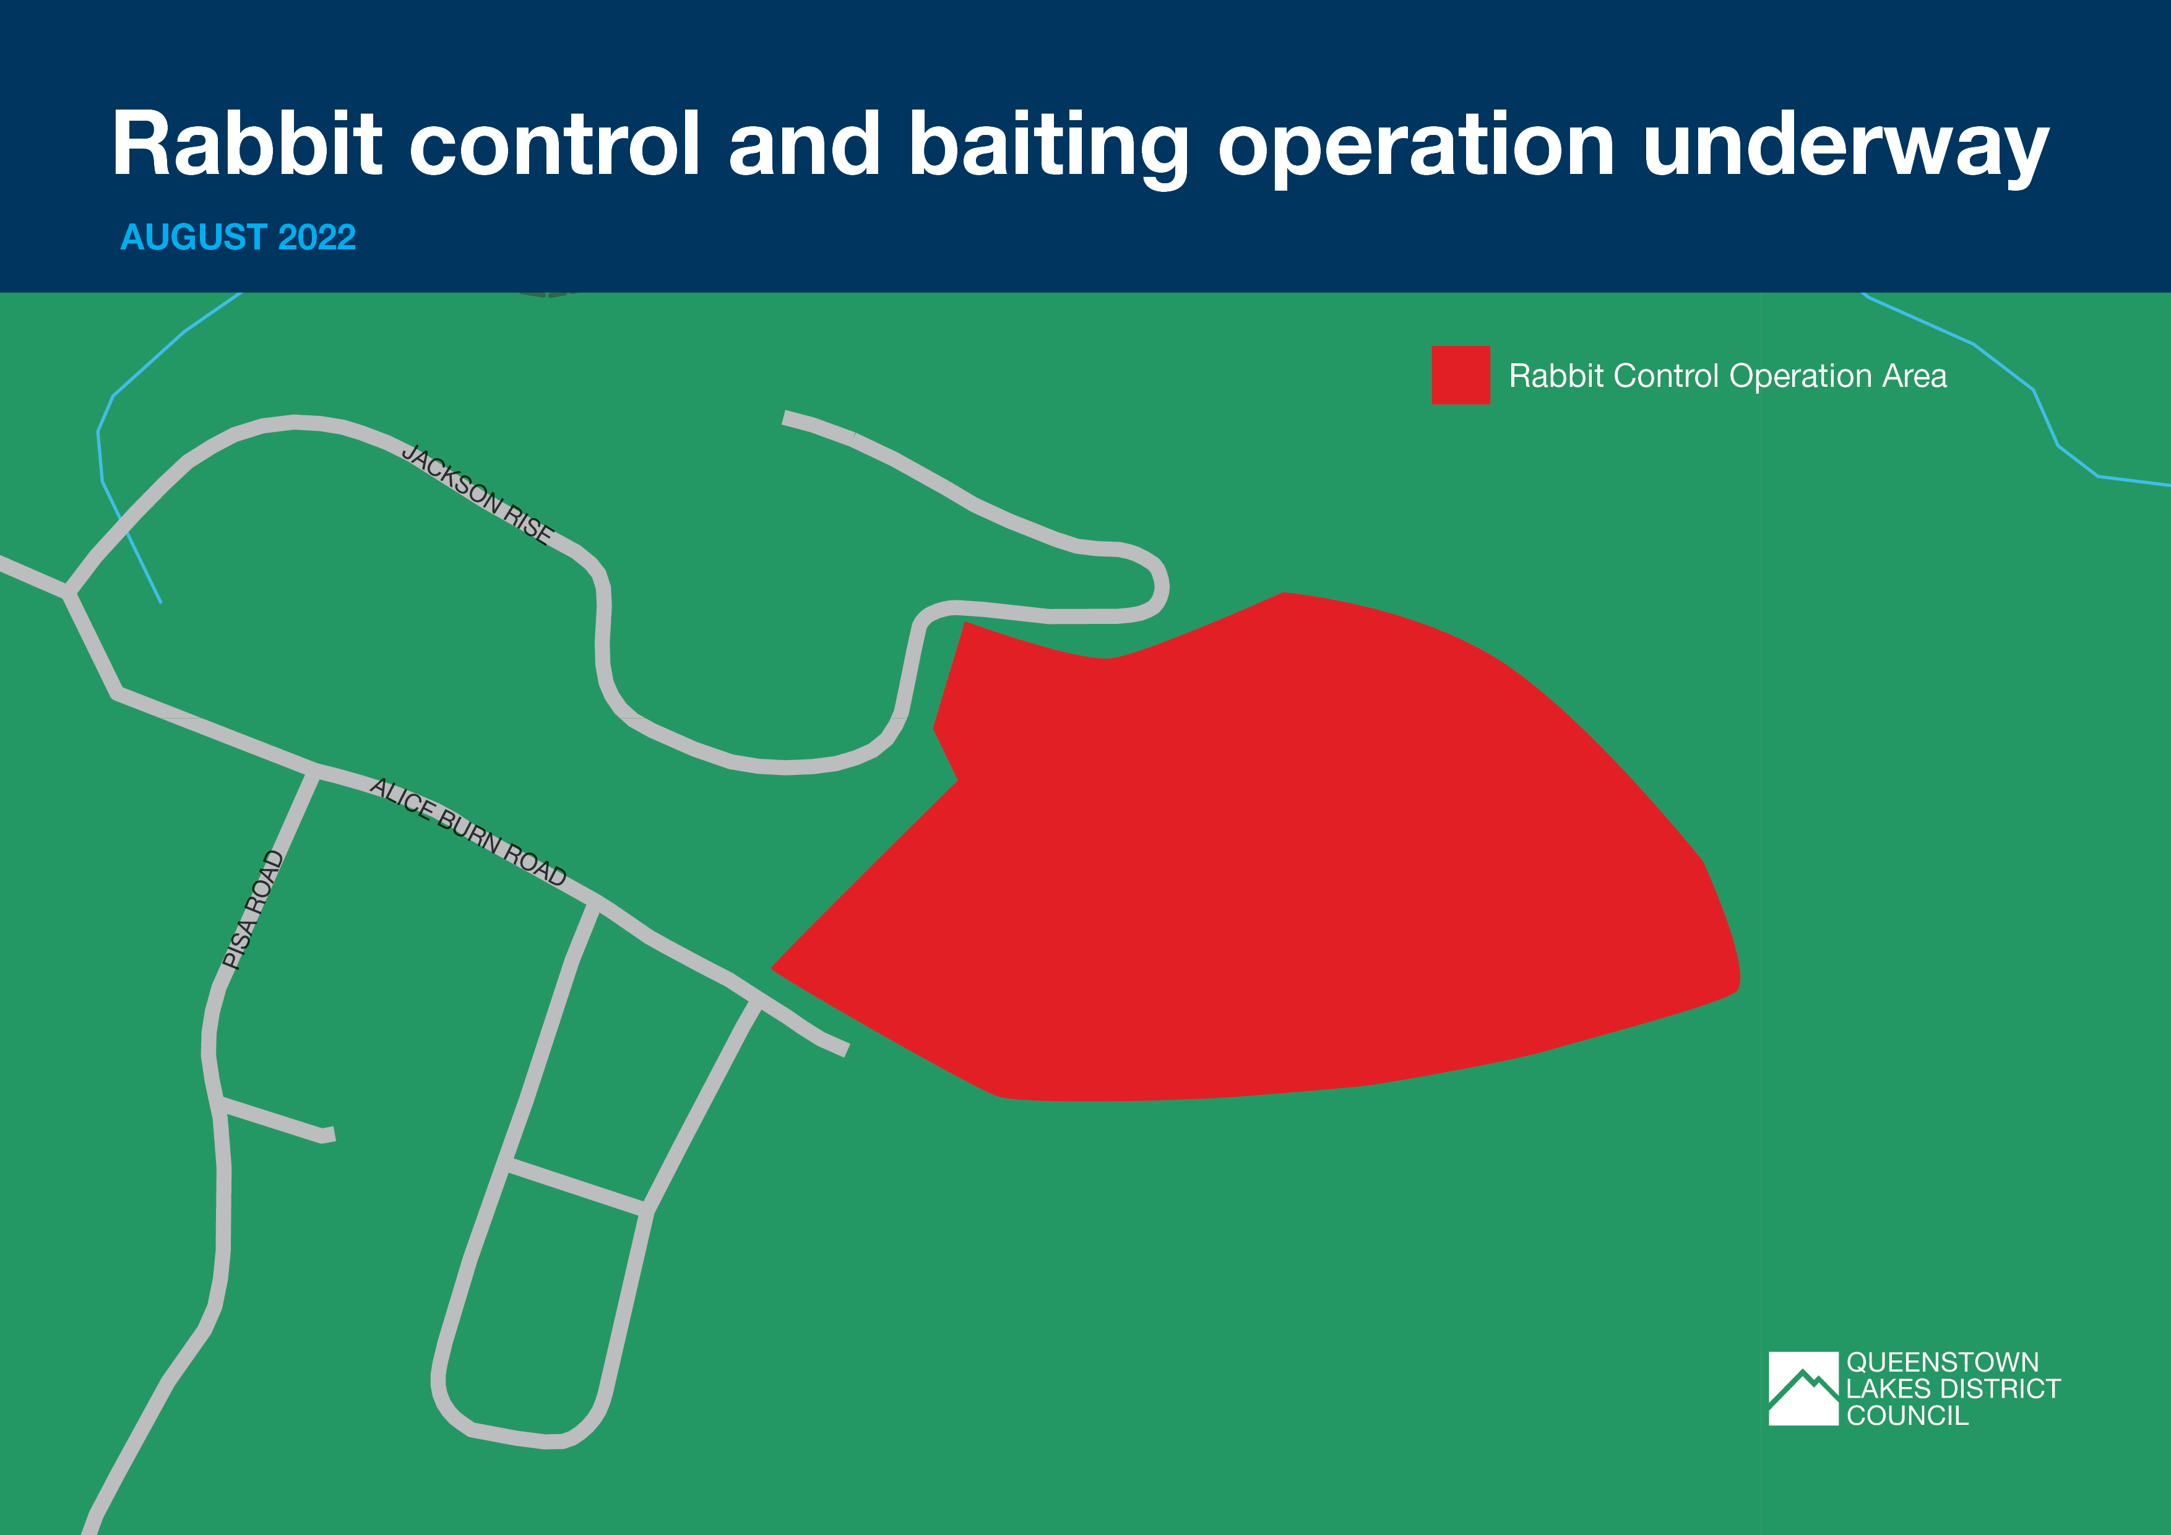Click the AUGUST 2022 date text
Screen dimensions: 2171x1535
click(238, 238)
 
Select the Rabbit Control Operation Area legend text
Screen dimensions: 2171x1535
click(1727, 376)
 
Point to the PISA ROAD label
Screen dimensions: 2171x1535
click(252, 910)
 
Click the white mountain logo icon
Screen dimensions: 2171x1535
click(1803, 1388)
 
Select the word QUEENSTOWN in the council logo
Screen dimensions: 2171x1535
click(1942, 1362)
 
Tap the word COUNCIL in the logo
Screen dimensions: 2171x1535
click(1907, 1416)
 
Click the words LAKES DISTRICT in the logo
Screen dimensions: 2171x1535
click(1953, 1388)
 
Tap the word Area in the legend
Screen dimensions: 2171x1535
click(1915, 376)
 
